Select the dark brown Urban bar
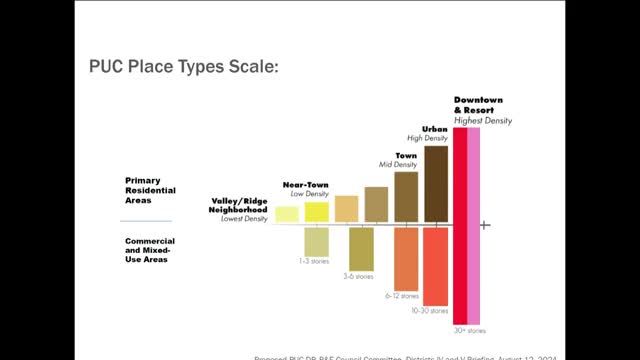click(x=436, y=182)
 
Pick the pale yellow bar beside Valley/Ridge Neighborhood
click(x=287, y=213)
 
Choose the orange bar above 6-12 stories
click(x=406, y=258)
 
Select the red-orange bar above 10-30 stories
click(x=436, y=265)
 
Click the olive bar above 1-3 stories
click(x=317, y=242)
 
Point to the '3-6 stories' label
click(x=360, y=276)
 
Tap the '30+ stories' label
click(x=469, y=329)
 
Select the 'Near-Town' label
click(x=306, y=185)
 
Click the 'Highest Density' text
click(x=482, y=120)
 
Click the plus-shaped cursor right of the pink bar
click(x=484, y=225)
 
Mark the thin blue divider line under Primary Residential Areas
click(x=145, y=221)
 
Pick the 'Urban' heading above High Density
click(x=434, y=129)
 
